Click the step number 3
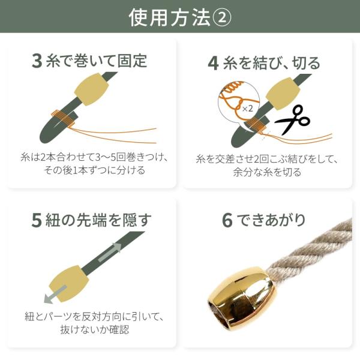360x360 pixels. tap(37, 61)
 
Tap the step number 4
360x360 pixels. tap(213, 64)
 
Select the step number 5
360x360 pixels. tap(37, 220)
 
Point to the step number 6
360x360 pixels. tap(227, 220)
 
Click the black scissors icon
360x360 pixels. tap(292, 119)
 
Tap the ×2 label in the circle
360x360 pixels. tap(247, 109)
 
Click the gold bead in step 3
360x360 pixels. tap(92, 89)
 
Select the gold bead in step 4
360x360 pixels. tap(283, 94)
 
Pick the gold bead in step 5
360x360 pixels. tap(69, 284)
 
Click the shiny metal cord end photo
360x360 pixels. tap(241, 296)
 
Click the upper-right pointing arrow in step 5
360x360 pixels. tap(110, 252)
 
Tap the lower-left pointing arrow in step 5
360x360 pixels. tap(55, 295)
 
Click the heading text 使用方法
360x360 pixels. tap(169, 17)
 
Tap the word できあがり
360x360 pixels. tap(271, 220)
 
